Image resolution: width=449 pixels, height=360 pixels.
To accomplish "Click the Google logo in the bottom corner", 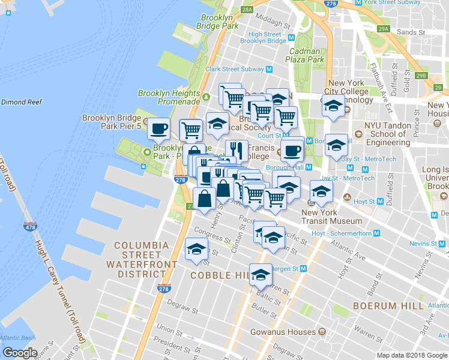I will tap(20, 353).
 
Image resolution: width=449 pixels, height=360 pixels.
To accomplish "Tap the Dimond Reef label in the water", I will tap(22, 103).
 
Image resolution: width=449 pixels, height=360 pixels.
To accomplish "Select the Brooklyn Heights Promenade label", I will tap(169, 97).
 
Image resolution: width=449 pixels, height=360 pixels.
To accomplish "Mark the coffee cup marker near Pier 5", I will tap(159, 128).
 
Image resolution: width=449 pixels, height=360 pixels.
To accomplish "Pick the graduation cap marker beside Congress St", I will tap(196, 249).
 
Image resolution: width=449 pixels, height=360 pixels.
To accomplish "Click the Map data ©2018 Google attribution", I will tap(411, 355).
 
